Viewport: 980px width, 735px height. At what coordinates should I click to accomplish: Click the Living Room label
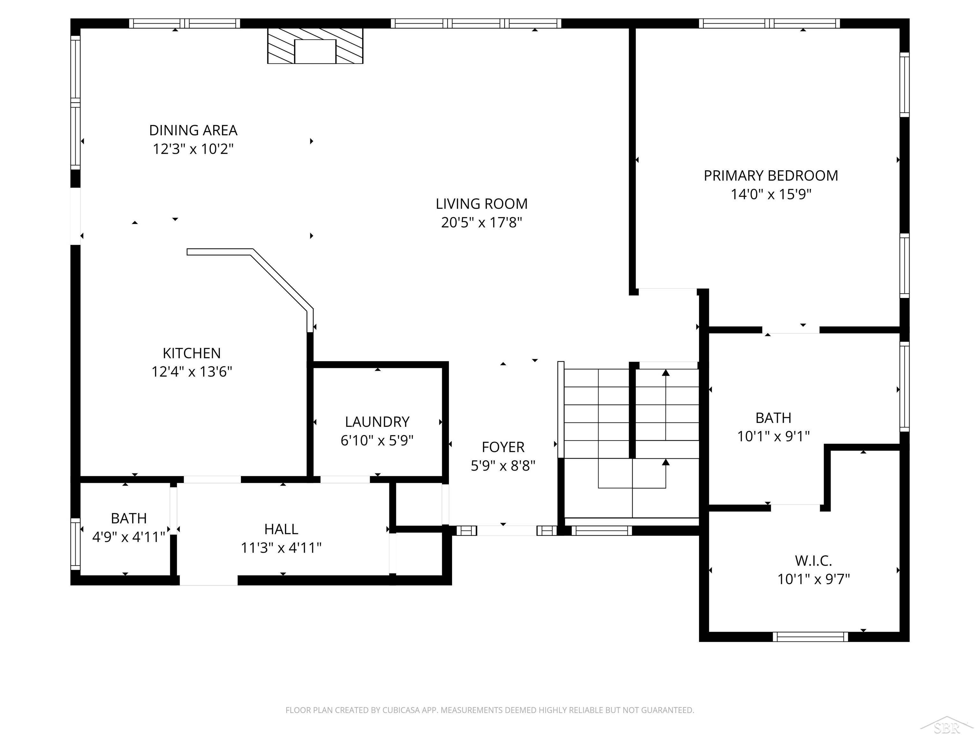(x=482, y=204)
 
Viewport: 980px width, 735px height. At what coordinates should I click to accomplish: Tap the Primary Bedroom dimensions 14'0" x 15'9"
(x=771, y=194)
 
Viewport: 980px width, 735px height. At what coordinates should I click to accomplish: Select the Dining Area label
(x=193, y=130)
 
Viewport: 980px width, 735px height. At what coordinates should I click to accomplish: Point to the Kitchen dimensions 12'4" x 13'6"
(x=192, y=371)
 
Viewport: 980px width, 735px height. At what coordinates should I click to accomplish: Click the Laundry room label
(x=377, y=422)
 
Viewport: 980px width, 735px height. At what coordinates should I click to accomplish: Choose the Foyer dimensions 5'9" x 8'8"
(x=503, y=466)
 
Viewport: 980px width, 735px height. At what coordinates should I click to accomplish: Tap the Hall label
(x=281, y=529)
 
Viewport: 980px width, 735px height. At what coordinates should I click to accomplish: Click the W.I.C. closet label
(x=813, y=561)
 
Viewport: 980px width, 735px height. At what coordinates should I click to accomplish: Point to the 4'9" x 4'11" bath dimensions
(x=129, y=537)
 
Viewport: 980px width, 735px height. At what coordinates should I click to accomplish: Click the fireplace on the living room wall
(x=315, y=46)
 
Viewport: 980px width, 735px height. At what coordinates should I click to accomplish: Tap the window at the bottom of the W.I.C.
(x=810, y=637)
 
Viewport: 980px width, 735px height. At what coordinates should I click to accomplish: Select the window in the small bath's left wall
(x=76, y=544)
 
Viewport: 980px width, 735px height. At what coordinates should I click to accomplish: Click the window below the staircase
(x=601, y=530)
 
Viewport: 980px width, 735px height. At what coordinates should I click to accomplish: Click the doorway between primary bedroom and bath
(x=791, y=330)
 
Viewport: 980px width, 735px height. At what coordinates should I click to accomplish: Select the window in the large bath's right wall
(x=904, y=386)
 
